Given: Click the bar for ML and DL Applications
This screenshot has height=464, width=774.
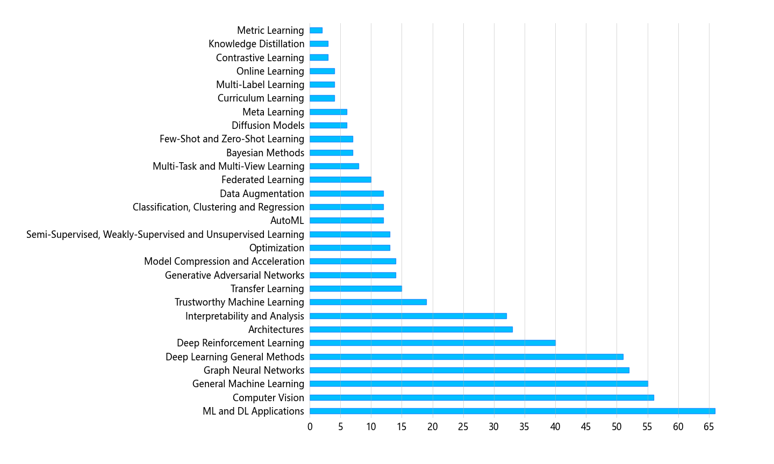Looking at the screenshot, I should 512,411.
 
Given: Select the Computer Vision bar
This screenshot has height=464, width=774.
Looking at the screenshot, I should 482,398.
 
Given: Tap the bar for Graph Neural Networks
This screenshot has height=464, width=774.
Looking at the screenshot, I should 469,371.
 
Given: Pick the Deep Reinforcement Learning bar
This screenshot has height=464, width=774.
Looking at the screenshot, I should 433,343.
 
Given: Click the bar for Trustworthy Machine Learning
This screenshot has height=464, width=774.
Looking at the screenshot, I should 368,302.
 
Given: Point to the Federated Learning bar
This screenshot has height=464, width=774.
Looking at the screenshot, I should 340,180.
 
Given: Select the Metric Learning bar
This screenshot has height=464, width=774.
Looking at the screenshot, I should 316,31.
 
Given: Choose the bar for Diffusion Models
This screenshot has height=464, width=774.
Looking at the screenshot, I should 328,126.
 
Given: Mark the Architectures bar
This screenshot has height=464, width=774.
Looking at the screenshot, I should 411,330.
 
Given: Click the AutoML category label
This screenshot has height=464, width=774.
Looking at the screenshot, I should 287,221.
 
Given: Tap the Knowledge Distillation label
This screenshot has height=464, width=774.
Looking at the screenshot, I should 256,44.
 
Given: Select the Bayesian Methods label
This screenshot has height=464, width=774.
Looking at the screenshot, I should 265,153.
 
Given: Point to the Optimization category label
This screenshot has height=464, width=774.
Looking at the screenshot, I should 276,248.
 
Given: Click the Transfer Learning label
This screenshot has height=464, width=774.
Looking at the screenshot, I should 267,289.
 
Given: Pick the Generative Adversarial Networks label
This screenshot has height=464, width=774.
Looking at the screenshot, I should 234,275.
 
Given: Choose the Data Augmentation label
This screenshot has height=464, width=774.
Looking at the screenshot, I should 262,194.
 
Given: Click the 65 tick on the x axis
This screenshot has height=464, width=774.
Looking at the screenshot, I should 709,427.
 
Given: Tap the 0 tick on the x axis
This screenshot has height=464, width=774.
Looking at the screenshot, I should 310,427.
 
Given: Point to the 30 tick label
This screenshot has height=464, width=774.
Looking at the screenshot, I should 494,427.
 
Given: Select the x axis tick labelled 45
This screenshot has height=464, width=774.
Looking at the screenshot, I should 586,427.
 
